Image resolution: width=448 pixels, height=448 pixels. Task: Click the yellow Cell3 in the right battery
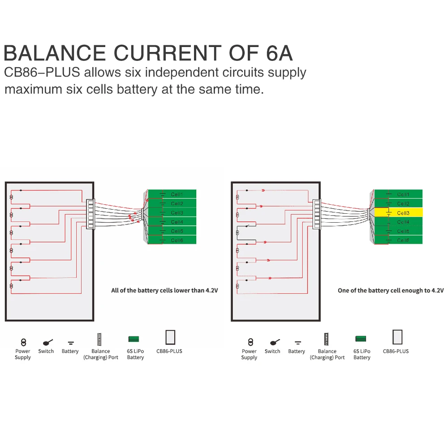[x=398, y=213]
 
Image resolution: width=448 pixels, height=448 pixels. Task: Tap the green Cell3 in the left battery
[x=172, y=213]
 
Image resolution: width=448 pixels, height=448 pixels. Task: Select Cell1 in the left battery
[x=172, y=194]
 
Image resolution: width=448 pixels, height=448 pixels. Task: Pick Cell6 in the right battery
[x=398, y=241]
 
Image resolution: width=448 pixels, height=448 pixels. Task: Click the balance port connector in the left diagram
[x=90, y=214]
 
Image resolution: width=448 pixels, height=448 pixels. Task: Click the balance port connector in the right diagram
[x=317, y=214]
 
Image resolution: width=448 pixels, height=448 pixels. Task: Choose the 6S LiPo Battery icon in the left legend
[x=134, y=339]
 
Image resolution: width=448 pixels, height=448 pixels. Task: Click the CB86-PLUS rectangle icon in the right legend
[x=397, y=337]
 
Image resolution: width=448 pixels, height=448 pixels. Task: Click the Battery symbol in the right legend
[x=297, y=343]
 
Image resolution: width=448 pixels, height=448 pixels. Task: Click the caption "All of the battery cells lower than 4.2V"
[x=164, y=290]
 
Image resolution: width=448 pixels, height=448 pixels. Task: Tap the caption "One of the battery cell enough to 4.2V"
[x=391, y=290]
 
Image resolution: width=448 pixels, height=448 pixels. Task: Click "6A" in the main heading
[x=276, y=53]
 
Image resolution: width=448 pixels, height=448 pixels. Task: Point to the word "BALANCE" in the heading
[x=55, y=53]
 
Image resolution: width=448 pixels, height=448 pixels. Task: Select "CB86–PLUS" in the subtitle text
[x=42, y=73]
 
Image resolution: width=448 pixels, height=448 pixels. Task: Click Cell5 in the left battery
[x=172, y=231]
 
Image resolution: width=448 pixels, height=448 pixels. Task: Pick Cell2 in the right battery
[x=398, y=204]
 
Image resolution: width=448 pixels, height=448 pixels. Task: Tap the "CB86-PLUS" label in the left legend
[x=169, y=351]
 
